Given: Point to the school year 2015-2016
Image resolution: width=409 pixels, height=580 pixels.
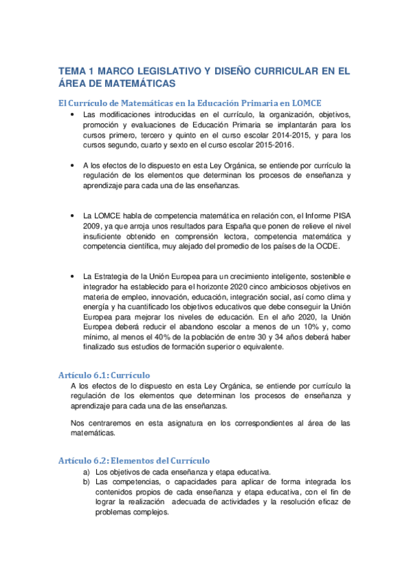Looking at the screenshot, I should click(x=269, y=147).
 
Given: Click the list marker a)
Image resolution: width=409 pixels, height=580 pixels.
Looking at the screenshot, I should click(x=87, y=472).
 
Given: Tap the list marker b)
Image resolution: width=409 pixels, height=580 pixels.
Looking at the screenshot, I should click(x=87, y=482).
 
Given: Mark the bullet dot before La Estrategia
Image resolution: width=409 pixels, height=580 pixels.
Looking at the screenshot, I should click(x=72, y=275).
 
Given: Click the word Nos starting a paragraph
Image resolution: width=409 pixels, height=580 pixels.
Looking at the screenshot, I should click(x=78, y=423).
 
